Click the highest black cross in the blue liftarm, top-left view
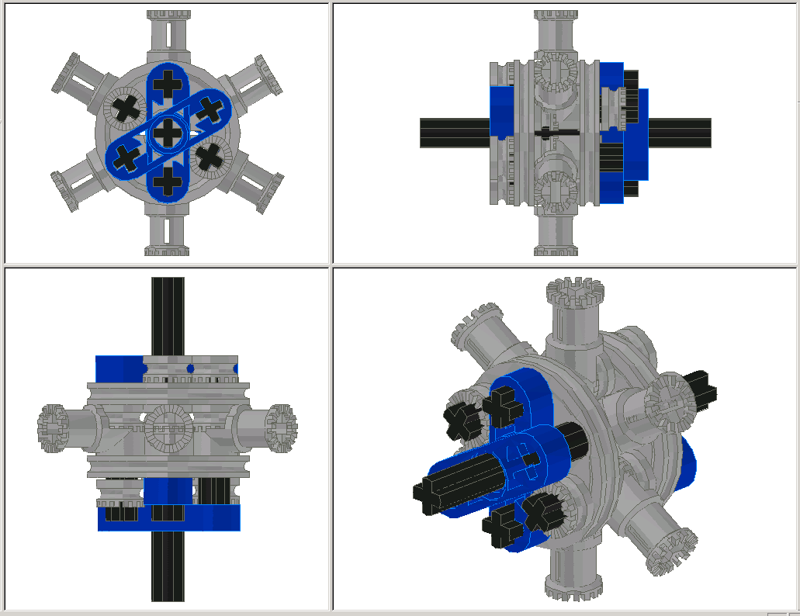(166, 81)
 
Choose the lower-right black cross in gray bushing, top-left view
(210, 157)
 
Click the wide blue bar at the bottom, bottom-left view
(168, 517)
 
